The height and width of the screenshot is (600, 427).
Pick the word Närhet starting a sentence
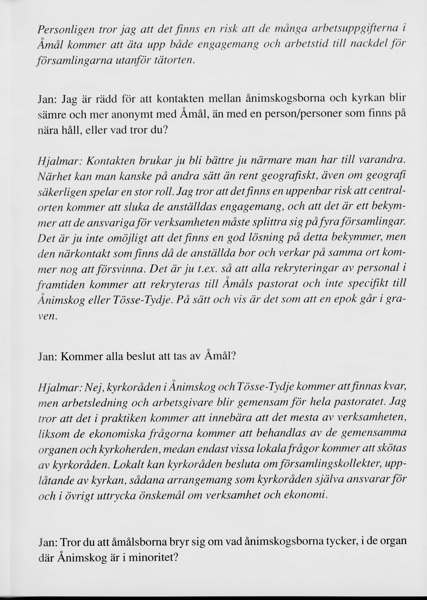pos(52,176)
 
